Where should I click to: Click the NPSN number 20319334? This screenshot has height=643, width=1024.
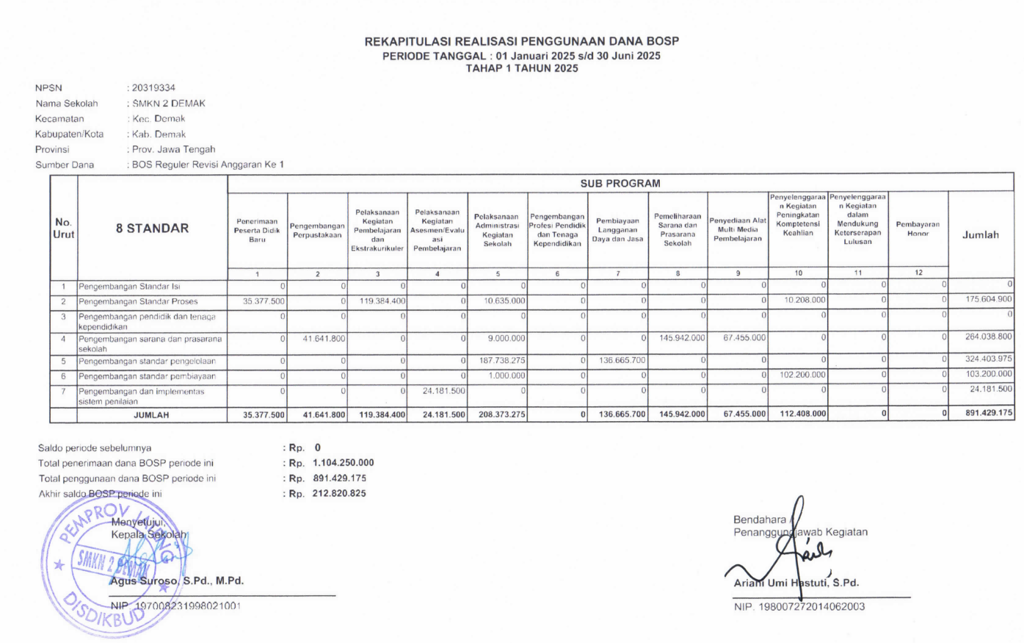click(153, 87)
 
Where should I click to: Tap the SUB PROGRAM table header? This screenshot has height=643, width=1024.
click(620, 183)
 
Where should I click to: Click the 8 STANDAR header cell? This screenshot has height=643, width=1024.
click(152, 228)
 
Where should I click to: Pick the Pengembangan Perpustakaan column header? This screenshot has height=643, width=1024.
click(317, 231)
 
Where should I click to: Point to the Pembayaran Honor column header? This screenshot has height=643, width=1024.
click(918, 229)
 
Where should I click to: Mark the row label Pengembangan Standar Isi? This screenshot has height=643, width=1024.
click(129, 287)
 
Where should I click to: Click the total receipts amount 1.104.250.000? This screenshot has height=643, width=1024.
click(343, 463)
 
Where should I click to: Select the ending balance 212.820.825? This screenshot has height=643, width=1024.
click(339, 494)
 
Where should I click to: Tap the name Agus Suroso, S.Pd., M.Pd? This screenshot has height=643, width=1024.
click(177, 581)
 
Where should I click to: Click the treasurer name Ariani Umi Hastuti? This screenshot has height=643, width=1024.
click(796, 583)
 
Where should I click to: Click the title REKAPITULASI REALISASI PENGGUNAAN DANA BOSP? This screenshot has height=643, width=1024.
click(522, 41)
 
